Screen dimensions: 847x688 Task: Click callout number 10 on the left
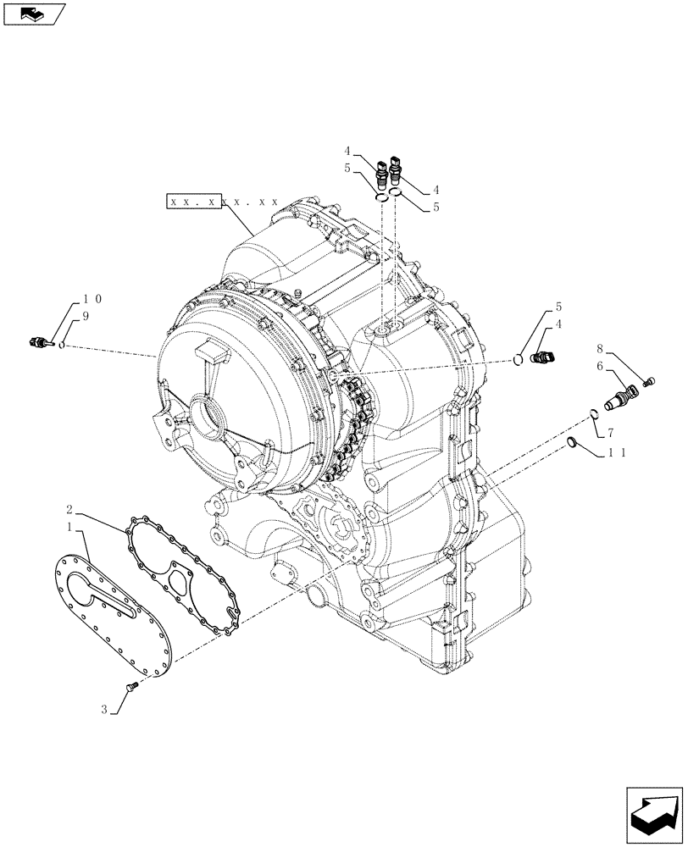93,300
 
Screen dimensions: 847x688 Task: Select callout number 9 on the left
85,315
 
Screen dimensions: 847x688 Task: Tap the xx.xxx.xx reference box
224,202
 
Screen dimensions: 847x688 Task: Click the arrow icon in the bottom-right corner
653,815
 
